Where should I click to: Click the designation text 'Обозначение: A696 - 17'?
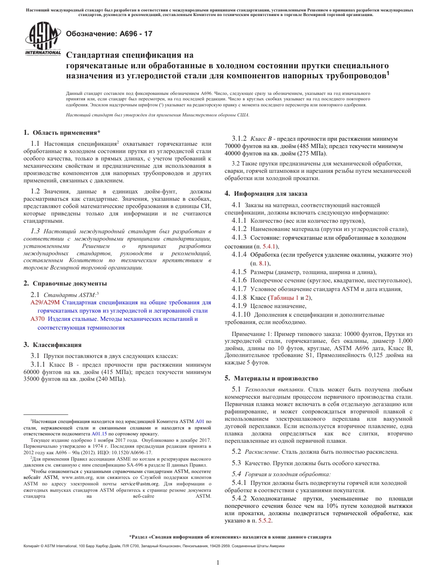coord(109,34)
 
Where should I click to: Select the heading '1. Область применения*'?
coord(62,132)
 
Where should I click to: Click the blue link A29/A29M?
coord(45,302)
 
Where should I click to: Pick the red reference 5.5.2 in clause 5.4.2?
coord(264,521)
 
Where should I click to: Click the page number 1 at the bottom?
coord(218,562)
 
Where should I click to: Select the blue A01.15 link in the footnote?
coord(99,434)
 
